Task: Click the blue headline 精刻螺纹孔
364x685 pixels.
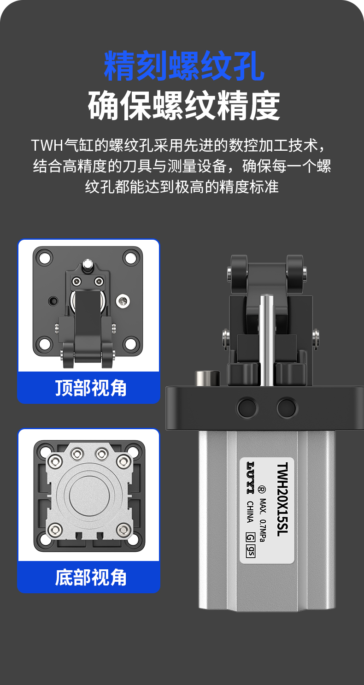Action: (x=184, y=66)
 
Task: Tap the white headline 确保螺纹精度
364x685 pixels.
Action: (x=184, y=105)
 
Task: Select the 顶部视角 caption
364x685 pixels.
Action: (x=91, y=388)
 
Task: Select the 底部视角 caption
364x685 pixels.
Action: (x=91, y=577)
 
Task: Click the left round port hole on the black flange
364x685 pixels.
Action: (x=247, y=407)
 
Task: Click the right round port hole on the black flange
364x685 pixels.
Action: (x=287, y=407)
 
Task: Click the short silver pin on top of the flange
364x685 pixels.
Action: (x=207, y=378)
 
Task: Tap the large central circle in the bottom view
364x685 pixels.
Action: (x=89, y=496)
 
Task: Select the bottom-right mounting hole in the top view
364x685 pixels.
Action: (x=131, y=343)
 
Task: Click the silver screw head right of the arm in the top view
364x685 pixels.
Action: (x=123, y=301)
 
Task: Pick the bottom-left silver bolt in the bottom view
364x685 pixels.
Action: (x=55, y=529)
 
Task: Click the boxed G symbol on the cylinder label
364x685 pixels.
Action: (x=250, y=537)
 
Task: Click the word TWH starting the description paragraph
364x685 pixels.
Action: (x=47, y=146)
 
